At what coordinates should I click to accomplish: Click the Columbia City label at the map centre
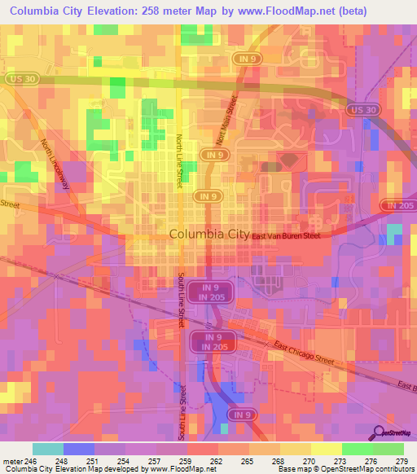pyautogui.click(x=209, y=235)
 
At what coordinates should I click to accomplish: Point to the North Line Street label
pyautogui.click(x=179, y=162)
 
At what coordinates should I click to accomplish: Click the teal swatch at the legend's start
pyautogui.click(x=47, y=449)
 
